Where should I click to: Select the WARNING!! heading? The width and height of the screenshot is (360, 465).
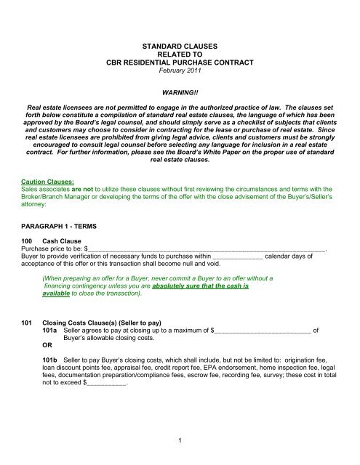180,93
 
